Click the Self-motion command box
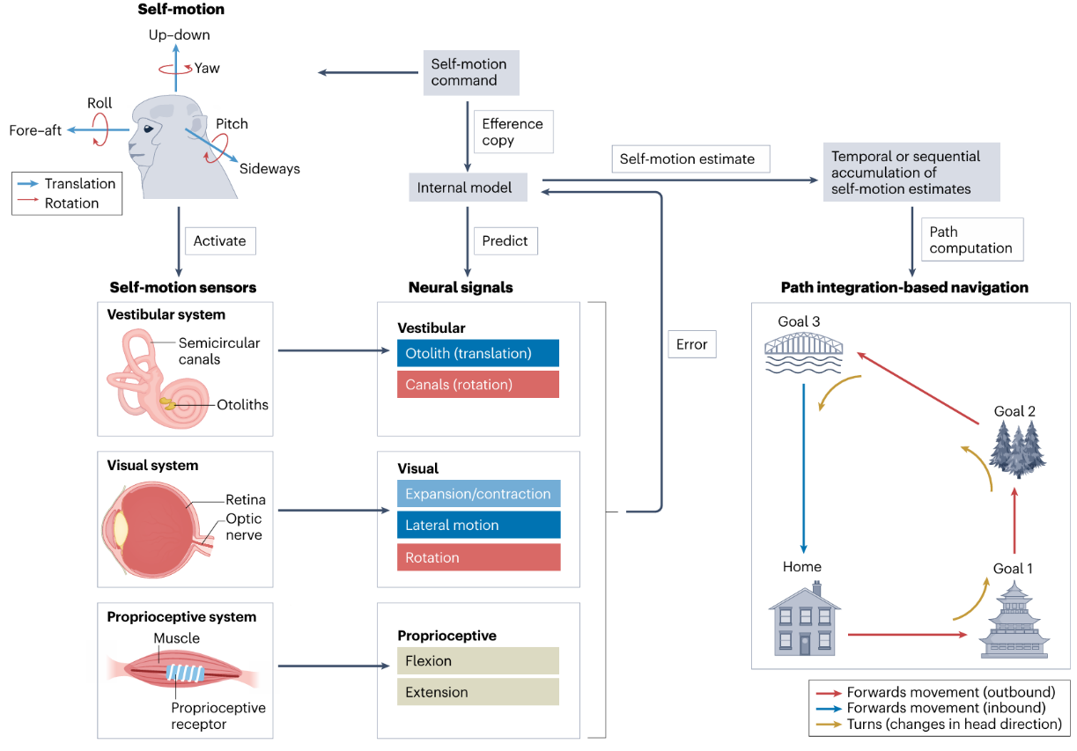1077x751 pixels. tap(469, 72)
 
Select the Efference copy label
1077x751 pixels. tap(513, 132)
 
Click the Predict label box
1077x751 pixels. tap(505, 241)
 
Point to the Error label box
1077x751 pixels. tap(691, 344)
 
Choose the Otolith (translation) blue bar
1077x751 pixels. tap(478, 353)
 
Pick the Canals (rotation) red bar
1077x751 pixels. tap(478, 385)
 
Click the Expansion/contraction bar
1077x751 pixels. tap(478, 494)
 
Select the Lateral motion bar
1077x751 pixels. tap(478, 526)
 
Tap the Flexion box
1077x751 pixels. tap(478, 661)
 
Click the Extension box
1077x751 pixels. tap(478, 692)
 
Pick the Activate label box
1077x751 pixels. tap(219, 241)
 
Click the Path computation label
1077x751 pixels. tap(970, 239)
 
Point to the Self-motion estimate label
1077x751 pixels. tap(687, 159)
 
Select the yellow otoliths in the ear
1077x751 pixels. tap(167, 404)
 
